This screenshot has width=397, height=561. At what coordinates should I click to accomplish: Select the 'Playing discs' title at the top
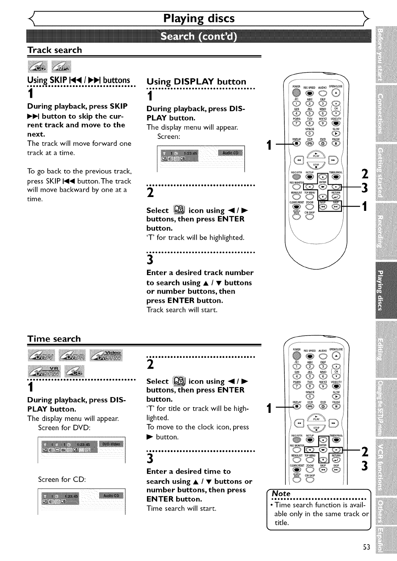click(x=198, y=18)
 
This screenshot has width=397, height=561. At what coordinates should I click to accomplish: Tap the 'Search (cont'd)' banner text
click(x=198, y=37)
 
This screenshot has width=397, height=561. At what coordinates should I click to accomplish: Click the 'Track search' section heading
click(x=55, y=50)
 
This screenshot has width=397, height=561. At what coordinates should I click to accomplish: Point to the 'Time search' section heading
click(x=54, y=339)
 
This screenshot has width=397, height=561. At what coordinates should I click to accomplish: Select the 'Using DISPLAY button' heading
click(x=196, y=82)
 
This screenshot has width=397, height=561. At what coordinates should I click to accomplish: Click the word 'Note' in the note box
click(x=281, y=494)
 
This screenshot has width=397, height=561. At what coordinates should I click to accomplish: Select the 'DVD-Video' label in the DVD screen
click(x=111, y=444)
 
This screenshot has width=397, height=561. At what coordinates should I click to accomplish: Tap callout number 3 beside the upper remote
click(x=365, y=188)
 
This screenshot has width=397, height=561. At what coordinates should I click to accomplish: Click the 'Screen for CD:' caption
click(x=62, y=479)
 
